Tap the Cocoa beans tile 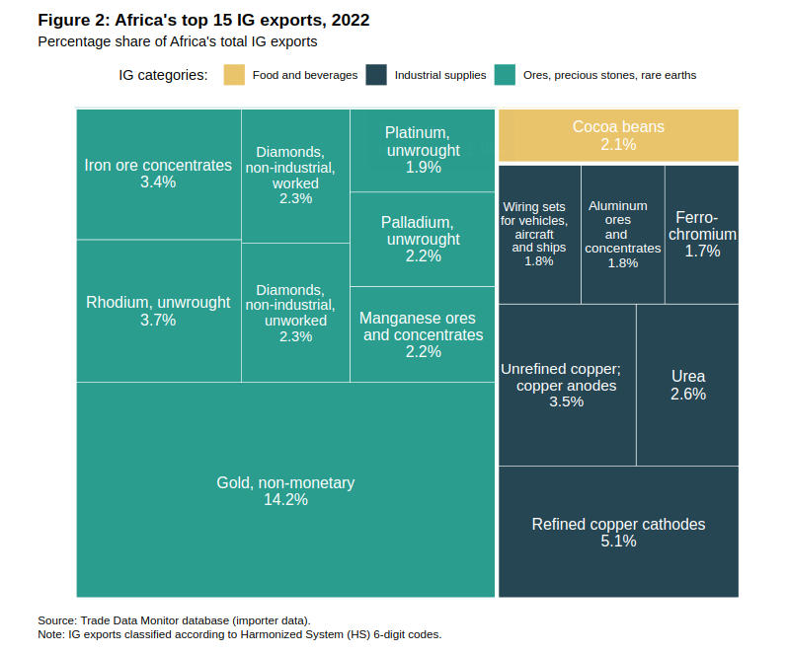click(618, 135)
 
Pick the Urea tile click(687, 385)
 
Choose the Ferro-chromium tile click(702, 235)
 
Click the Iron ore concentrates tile click(158, 174)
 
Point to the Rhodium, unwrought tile click(158, 311)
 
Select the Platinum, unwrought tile click(423, 150)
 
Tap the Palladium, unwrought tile click(423, 239)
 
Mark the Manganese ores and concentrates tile click(423, 334)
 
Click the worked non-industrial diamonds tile click(295, 176)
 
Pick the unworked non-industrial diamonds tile click(295, 313)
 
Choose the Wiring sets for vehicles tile click(539, 235)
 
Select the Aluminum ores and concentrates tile click(622, 235)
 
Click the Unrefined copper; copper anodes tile click(567, 385)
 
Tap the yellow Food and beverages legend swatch click(234, 75)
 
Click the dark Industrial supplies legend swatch click(375, 75)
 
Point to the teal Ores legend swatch click(506, 75)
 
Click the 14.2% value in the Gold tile click(285, 500)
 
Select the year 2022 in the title click(350, 20)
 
